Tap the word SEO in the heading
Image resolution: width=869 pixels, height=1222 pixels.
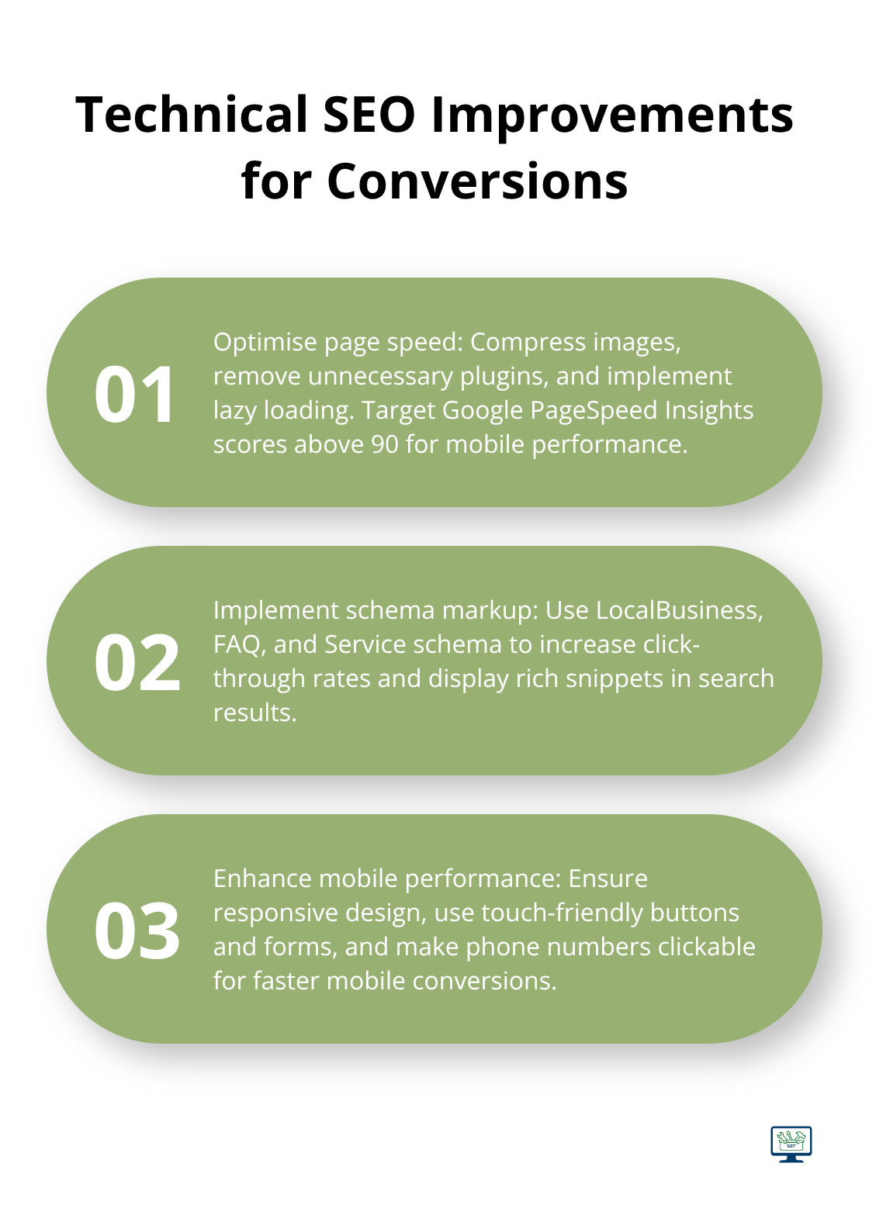369,114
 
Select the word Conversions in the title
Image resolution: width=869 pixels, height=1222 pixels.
477,181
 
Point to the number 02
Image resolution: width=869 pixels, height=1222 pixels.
137,663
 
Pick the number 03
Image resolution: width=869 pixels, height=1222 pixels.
137,931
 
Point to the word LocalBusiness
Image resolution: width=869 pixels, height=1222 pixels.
679,610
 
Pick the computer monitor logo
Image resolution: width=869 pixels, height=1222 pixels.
791,1143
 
